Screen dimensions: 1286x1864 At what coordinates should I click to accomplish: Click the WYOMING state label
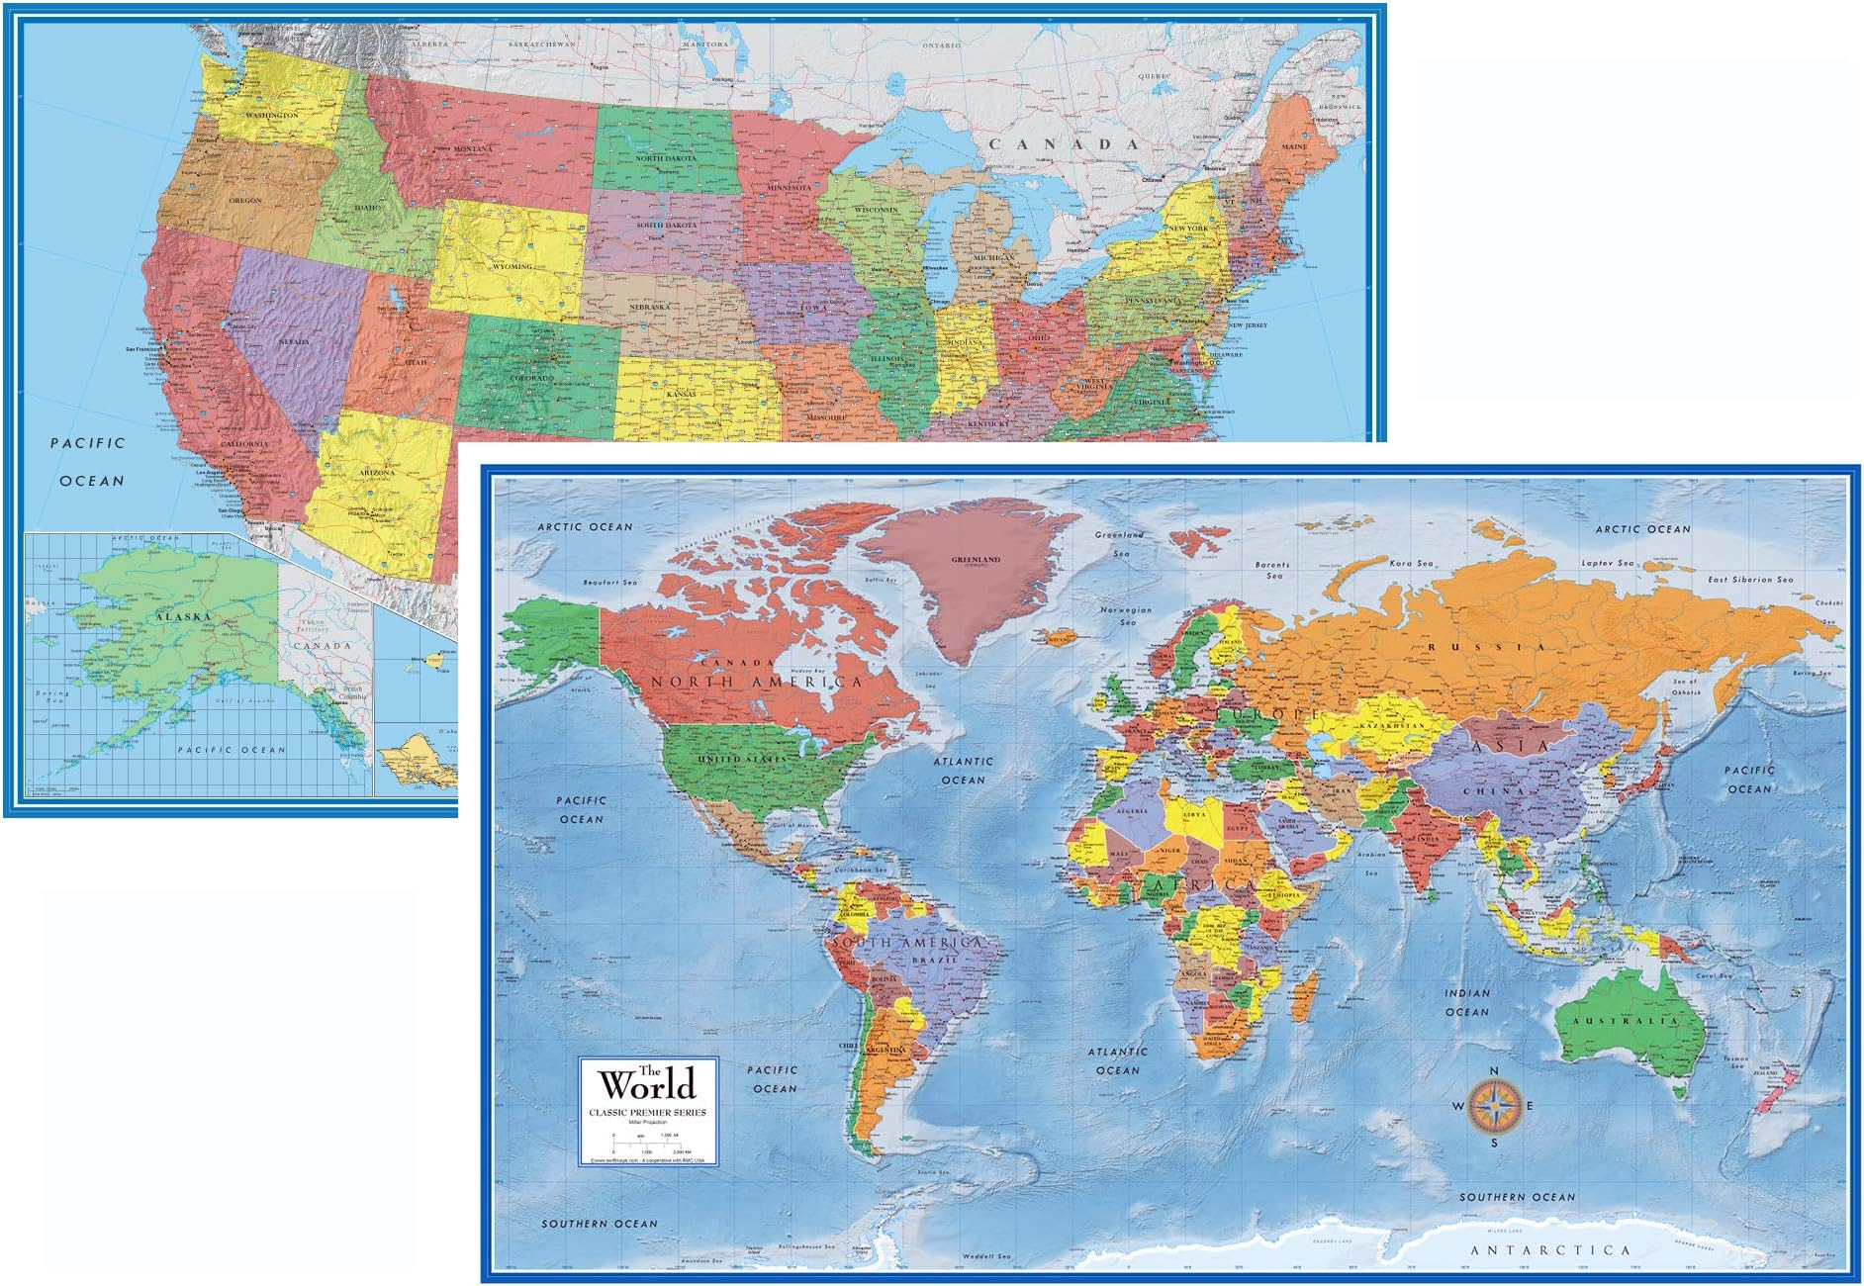click(513, 266)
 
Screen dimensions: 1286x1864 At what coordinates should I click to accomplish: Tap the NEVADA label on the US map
click(294, 341)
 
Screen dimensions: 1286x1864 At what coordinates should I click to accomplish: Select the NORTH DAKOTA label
click(666, 158)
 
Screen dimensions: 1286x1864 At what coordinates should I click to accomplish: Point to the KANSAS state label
click(681, 394)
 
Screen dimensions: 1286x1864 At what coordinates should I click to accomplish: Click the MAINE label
click(1294, 146)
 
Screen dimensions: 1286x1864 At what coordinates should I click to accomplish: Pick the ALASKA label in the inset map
click(183, 616)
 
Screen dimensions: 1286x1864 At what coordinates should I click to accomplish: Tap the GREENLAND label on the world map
click(976, 560)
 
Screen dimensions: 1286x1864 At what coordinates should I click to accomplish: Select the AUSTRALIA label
click(1626, 1021)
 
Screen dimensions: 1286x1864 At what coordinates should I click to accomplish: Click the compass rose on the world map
click(1494, 1106)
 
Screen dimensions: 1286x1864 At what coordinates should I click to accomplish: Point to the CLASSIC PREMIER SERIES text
click(648, 1113)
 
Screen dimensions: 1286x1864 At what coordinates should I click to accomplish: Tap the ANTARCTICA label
click(1549, 1250)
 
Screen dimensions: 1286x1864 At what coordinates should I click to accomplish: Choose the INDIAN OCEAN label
click(1466, 1002)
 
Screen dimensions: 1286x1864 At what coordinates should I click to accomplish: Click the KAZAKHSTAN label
click(1392, 726)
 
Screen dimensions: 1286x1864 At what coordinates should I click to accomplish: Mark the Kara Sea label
click(1411, 563)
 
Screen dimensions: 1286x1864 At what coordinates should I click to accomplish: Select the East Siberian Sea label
click(1750, 580)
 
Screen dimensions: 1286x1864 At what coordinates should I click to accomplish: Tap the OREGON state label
click(245, 201)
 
